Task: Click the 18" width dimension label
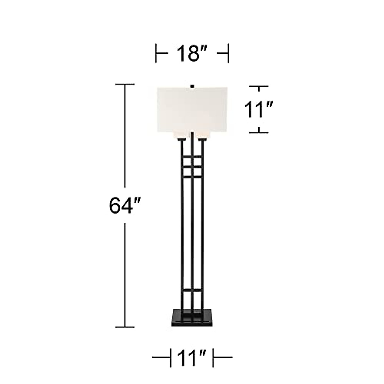tap(192, 53)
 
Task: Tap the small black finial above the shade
tap(192, 86)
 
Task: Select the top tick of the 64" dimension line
tap(125, 84)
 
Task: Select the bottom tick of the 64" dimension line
tap(125, 327)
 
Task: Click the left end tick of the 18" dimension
tap(156, 53)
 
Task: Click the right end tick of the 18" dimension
tap(228, 53)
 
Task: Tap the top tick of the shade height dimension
tap(259, 86)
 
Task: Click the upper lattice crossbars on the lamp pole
tap(192, 166)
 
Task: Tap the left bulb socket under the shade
tap(182, 140)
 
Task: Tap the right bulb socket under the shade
tap(202, 140)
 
